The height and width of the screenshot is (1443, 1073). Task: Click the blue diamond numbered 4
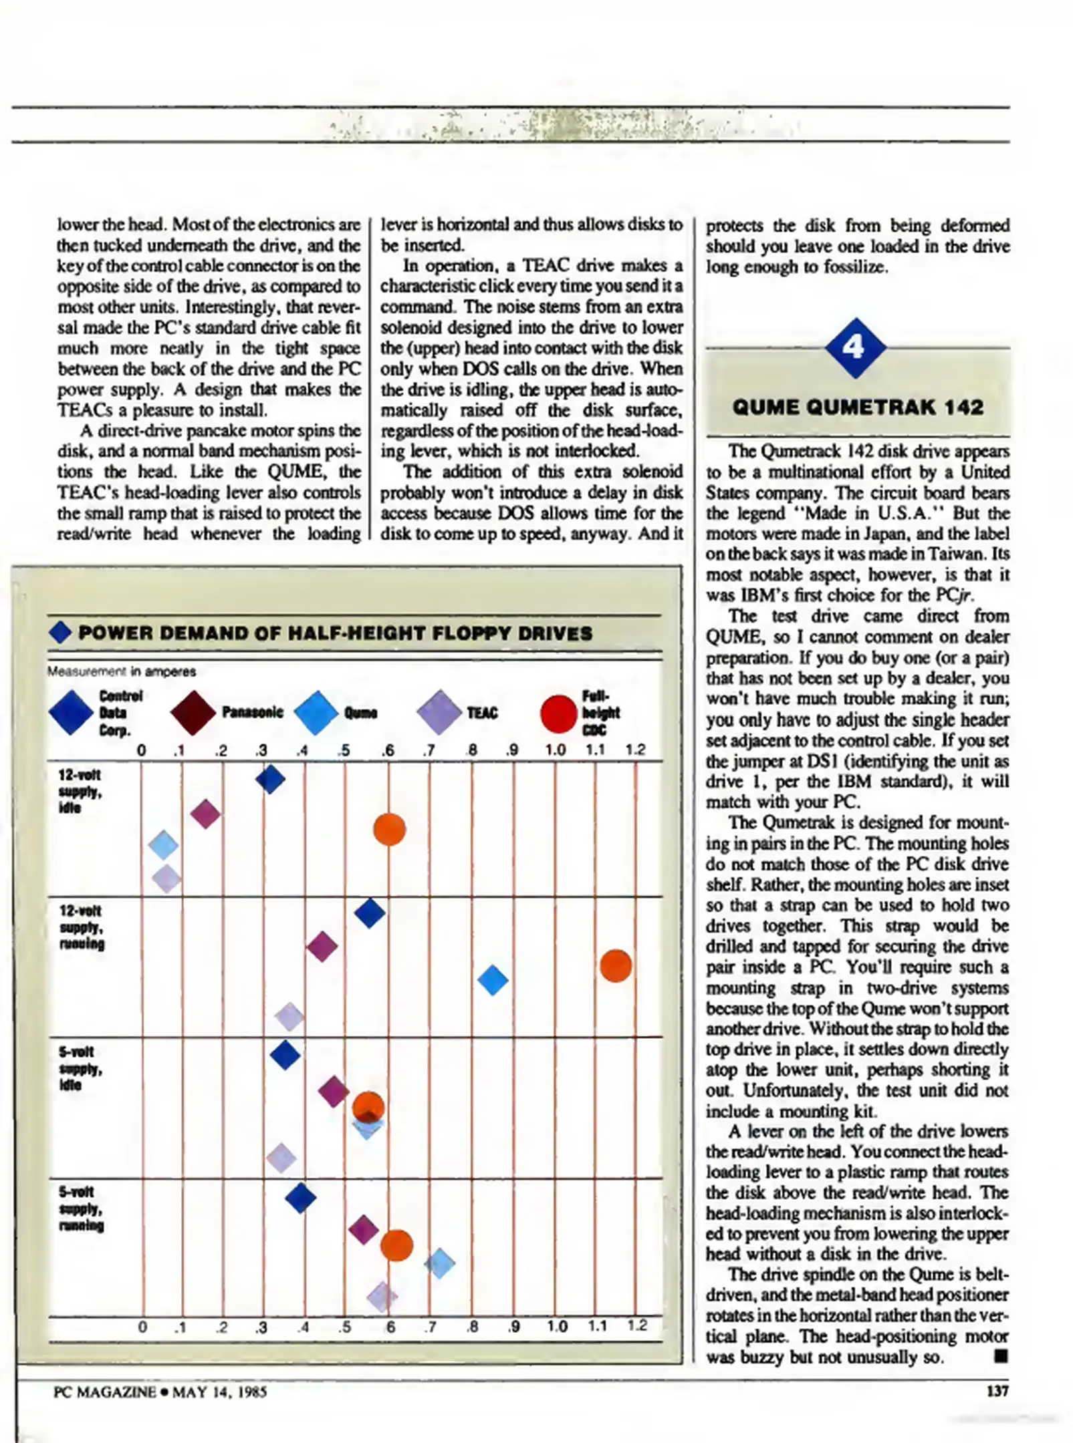[x=855, y=348]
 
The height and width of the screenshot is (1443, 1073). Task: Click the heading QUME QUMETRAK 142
[x=858, y=407]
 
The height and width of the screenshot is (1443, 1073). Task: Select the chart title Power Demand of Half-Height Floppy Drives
[x=335, y=633]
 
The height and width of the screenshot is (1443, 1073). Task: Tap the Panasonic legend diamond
[x=193, y=713]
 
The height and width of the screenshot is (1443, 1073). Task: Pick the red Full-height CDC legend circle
[x=558, y=713]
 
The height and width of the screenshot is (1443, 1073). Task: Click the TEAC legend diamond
[x=439, y=713]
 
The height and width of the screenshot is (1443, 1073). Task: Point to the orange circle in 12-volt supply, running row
[x=615, y=966]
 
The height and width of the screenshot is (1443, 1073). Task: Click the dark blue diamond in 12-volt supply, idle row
[x=270, y=779]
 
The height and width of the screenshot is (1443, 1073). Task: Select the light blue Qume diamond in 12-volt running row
[x=493, y=980]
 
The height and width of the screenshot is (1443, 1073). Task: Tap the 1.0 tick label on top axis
[x=554, y=750]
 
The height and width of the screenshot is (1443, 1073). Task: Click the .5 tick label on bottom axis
[x=344, y=1327]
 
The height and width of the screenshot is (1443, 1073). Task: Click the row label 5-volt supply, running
[x=81, y=1209]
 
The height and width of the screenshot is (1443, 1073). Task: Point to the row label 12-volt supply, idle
[x=80, y=791]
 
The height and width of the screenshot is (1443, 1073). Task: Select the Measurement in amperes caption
[x=122, y=671]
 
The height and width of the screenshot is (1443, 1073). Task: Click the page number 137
[x=997, y=1392]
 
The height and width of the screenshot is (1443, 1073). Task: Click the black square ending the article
[x=1000, y=1355]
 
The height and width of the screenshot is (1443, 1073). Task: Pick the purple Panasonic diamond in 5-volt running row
[x=363, y=1229]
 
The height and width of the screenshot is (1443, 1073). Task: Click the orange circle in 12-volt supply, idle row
[x=389, y=830]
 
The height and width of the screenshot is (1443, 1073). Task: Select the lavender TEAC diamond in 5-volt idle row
[x=281, y=1158]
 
